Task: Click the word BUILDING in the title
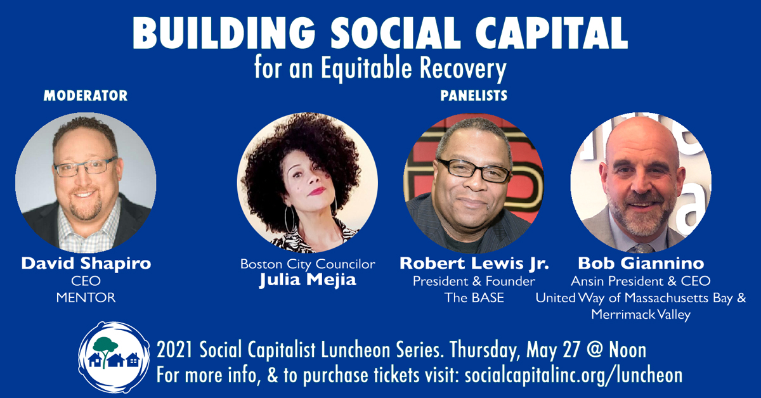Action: pyautogui.click(x=224, y=34)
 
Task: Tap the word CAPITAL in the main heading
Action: pyautogui.click(x=551, y=34)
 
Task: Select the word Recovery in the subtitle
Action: pyautogui.click(x=463, y=69)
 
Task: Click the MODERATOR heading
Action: pyautogui.click(x=86, y=96)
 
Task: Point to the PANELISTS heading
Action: pyautogui.click(x=474, y=96)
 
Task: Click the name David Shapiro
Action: pyautogui.click(x=86, y=264)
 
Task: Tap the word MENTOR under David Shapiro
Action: pyautogui.click(x=86, y=298)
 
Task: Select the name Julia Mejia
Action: pyautogui.click(x=308, y=280)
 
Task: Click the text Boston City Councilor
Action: pyautogui.click(x=308, y=264)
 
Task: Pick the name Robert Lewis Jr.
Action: pyautogui.click(x=474, y=264)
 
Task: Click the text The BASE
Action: pyautogui.click(x=474, y=298)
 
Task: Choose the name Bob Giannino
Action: pyautogui.click(x=641, y=264)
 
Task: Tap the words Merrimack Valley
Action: pyautogui.click(x=641, y=314)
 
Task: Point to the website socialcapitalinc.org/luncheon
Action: pyautogui.click(x=573, y=376)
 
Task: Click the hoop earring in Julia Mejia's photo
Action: pyautogui.click(x=290, y=220)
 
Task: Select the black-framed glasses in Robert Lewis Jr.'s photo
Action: pyautogui.click(x=474, y=170)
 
